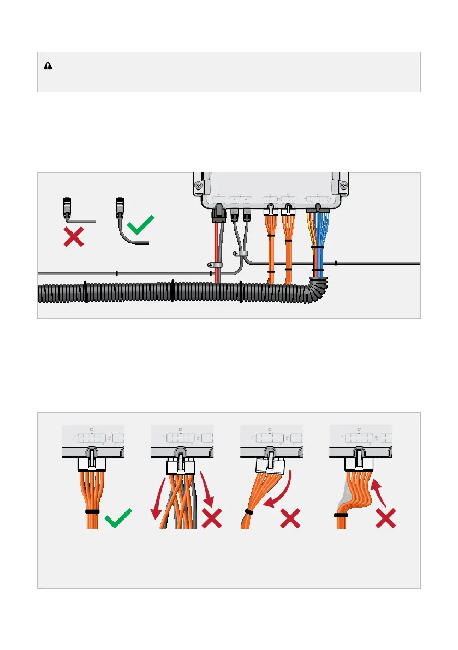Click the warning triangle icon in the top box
(x=48, y=65)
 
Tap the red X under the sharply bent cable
(x=74, y=237)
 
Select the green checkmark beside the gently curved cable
(x=140, y=225)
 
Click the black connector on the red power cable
(x=218, y=213)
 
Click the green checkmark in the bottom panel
(x=118, y=518)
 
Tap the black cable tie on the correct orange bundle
(x=92, y=512)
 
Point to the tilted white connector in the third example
(x=271, y=466)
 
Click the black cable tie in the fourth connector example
(x=342, y=515)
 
